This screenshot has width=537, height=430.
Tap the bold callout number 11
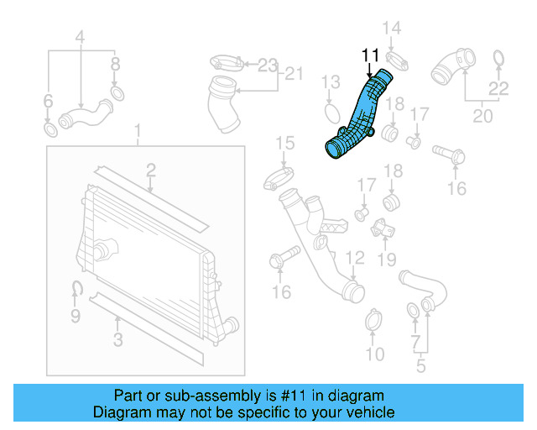point(371,55)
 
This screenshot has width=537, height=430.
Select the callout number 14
point(393,29)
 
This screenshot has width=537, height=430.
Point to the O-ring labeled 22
point(498,58)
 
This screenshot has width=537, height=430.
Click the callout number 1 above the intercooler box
point(138,133)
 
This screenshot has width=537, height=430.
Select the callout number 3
point(118,339)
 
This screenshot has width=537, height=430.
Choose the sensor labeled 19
point(383,228)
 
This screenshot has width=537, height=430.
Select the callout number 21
point(292,74)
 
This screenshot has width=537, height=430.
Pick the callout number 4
point(81,36)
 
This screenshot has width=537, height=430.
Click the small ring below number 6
point(50,130)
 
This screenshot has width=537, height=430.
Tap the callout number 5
point(420,366)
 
